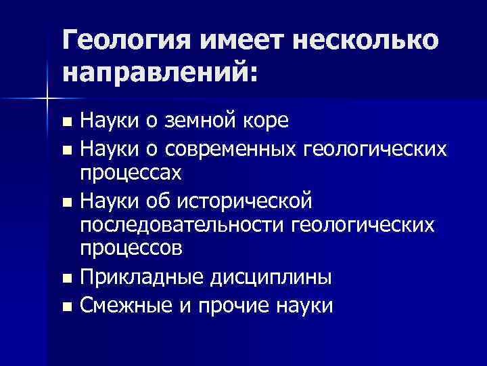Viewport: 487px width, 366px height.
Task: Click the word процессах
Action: click(131, 173)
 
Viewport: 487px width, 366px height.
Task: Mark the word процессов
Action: click(131, 249)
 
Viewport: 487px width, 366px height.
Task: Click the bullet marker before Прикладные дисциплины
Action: click(66, 278)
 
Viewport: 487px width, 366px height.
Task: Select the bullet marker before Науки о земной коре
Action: click(66, 123)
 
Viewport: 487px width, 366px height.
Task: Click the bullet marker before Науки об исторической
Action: click(66, 201)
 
